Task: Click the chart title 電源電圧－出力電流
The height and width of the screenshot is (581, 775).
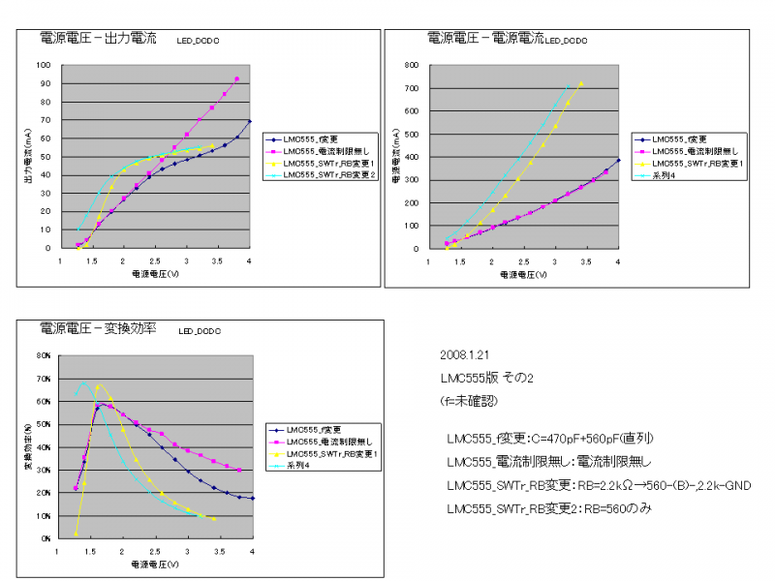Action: click(x=98, y=40)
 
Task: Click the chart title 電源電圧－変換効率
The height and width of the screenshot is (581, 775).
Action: click(x=98, y=329)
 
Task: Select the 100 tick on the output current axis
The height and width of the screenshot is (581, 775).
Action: click(x=44, y=66)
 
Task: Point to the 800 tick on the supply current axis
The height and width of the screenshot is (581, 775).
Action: click(x=411, y=66)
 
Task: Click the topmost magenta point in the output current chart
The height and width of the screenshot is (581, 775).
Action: click(x=237, y=79)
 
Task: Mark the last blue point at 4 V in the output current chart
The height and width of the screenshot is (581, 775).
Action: click(x=250, y=121)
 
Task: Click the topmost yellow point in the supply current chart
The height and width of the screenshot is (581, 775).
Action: click(x=581, y=83)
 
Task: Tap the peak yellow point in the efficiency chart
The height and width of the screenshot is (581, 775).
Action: click(x=97, y=387)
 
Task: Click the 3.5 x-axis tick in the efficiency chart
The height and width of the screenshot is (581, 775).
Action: click(x=220, y=551)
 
